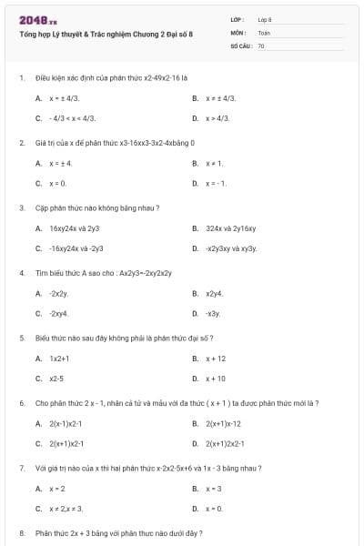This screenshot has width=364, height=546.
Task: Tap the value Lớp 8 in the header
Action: (x=265, y=18)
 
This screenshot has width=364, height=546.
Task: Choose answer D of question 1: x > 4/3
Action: (x=217, y=118)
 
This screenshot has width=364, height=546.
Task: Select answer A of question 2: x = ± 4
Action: (x=61, y=164)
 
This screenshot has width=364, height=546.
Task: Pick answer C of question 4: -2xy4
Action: (x=59, y=313)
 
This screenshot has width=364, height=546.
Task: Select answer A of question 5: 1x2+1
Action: (x=60, y=359)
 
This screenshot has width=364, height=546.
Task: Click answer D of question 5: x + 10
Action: (x=216, y=379)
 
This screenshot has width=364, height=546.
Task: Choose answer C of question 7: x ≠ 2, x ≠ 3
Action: (x=66, y=509)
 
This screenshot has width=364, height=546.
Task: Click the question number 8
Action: (x=21, y=532)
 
